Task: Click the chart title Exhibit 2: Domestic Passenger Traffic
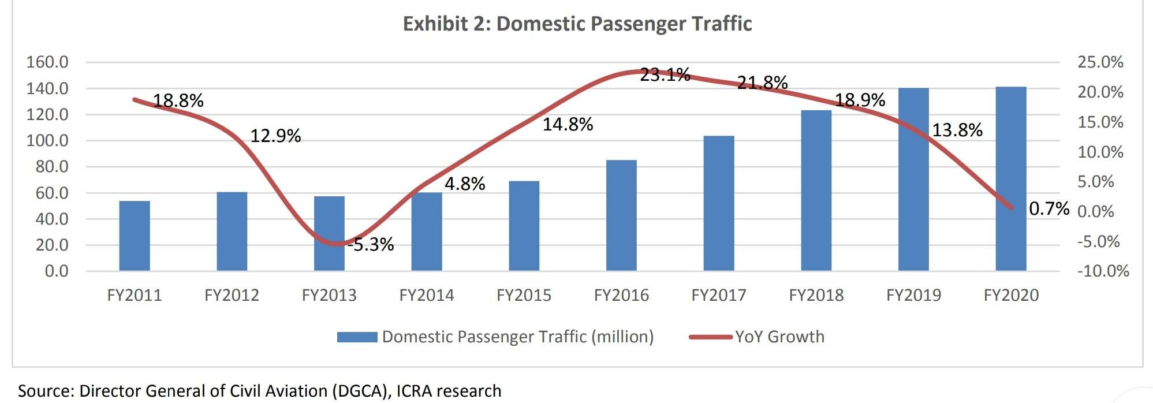577,24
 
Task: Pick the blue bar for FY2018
816,191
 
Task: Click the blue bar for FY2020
1010,179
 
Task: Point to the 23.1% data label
665,74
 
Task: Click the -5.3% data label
372,245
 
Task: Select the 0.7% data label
1049,208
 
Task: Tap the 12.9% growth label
275,136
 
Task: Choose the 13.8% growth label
957,130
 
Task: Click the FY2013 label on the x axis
329,296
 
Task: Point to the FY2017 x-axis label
719,296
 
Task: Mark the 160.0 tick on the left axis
47,62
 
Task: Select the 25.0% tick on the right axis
1100,62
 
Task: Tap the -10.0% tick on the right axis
1103,271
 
